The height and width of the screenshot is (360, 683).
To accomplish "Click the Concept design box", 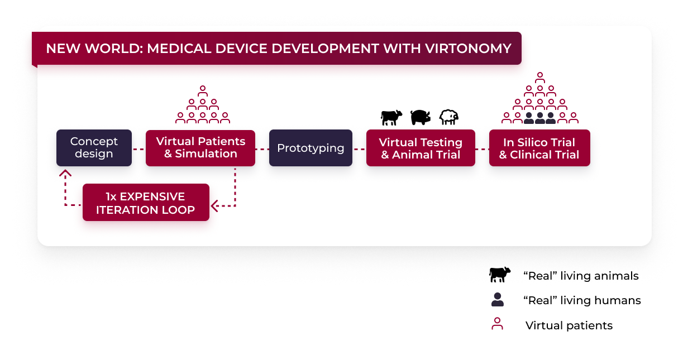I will point(94,148).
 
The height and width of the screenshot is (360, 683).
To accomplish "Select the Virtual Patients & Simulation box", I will point(200,148).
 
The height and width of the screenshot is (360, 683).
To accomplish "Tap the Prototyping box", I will point(311,148).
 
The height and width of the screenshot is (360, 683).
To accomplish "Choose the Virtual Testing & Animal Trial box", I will point(421,148).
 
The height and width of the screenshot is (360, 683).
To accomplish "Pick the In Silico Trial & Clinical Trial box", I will point(539,148).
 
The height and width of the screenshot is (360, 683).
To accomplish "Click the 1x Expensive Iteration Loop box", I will point(146,203).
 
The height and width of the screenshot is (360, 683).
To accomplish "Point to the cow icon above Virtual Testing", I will point(391,117).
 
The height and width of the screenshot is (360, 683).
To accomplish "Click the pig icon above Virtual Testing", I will point(421,117).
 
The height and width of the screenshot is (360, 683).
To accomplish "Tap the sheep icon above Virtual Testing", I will point(449,117).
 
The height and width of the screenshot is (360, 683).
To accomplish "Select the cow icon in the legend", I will point(500,274).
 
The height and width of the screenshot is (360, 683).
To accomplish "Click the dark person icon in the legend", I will point(497,300).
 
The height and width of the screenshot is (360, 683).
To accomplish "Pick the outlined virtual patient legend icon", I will point(497,324).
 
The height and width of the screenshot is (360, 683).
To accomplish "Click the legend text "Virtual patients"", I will point(569,325).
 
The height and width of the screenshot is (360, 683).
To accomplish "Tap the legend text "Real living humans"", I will point(582,300).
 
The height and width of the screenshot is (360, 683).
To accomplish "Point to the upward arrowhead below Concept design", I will point(65,172).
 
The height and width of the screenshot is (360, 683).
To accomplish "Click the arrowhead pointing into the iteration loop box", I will point(214,206).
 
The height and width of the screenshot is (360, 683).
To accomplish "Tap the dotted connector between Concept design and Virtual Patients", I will point(138,149).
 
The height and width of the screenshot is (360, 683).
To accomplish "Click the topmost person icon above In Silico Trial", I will point(539,76).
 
